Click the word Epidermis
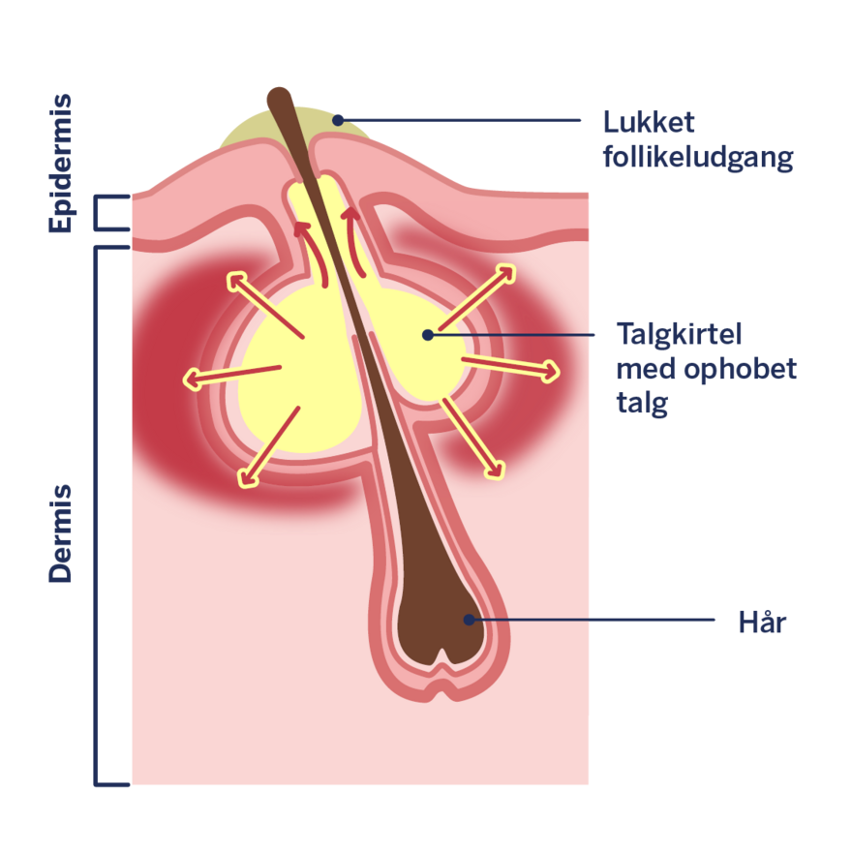coord(60,163)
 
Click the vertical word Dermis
coord(60,533)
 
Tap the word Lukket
coord(649,123)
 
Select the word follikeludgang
coord(697,158)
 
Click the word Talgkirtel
coord(679,334)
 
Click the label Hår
coord(762,622)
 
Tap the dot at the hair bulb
coord(470,620)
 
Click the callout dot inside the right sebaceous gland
coord(427,335)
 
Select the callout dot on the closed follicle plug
coord(338,120)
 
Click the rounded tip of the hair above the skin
coord(279,98)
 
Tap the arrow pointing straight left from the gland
coord(232,374)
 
